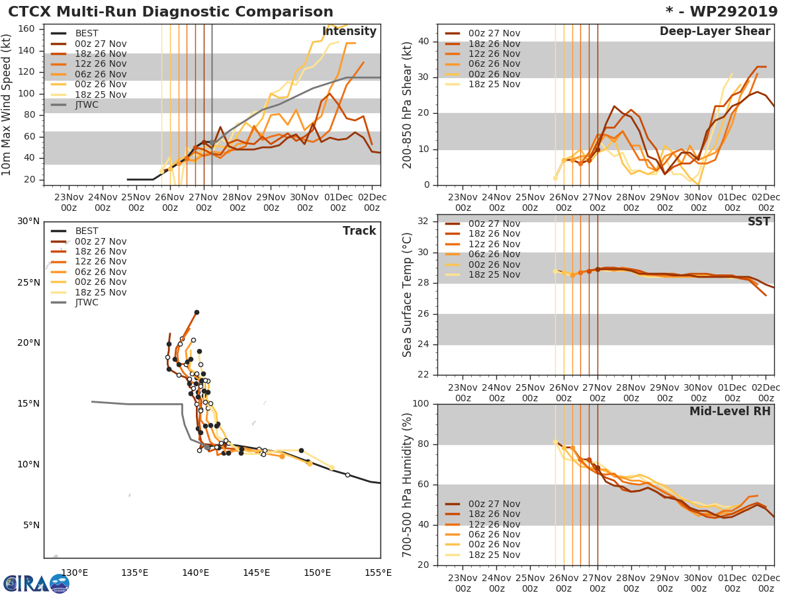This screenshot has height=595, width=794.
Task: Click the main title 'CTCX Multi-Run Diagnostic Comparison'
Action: tap(171, 12)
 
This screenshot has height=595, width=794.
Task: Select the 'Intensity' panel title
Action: tap(349, 32)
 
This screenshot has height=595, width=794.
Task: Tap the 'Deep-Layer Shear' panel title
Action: tap(715, 32)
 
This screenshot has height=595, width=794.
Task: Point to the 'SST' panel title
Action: tap(758, 221)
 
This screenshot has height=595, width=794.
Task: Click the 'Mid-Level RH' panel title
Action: tap(730, 411)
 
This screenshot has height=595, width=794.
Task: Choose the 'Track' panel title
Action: tap(359, 231)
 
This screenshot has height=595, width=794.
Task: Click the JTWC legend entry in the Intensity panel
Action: tap(87, 104)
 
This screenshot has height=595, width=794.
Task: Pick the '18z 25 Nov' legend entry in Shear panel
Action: tap(493, 84)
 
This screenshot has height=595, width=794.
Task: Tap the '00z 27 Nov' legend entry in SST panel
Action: tap(493, 224)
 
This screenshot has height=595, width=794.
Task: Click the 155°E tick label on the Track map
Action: tap(377, 573)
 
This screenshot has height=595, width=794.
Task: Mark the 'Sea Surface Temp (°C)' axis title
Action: tap(408, 294)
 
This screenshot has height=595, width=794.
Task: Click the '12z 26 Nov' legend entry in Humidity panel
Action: tap(493, 524)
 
